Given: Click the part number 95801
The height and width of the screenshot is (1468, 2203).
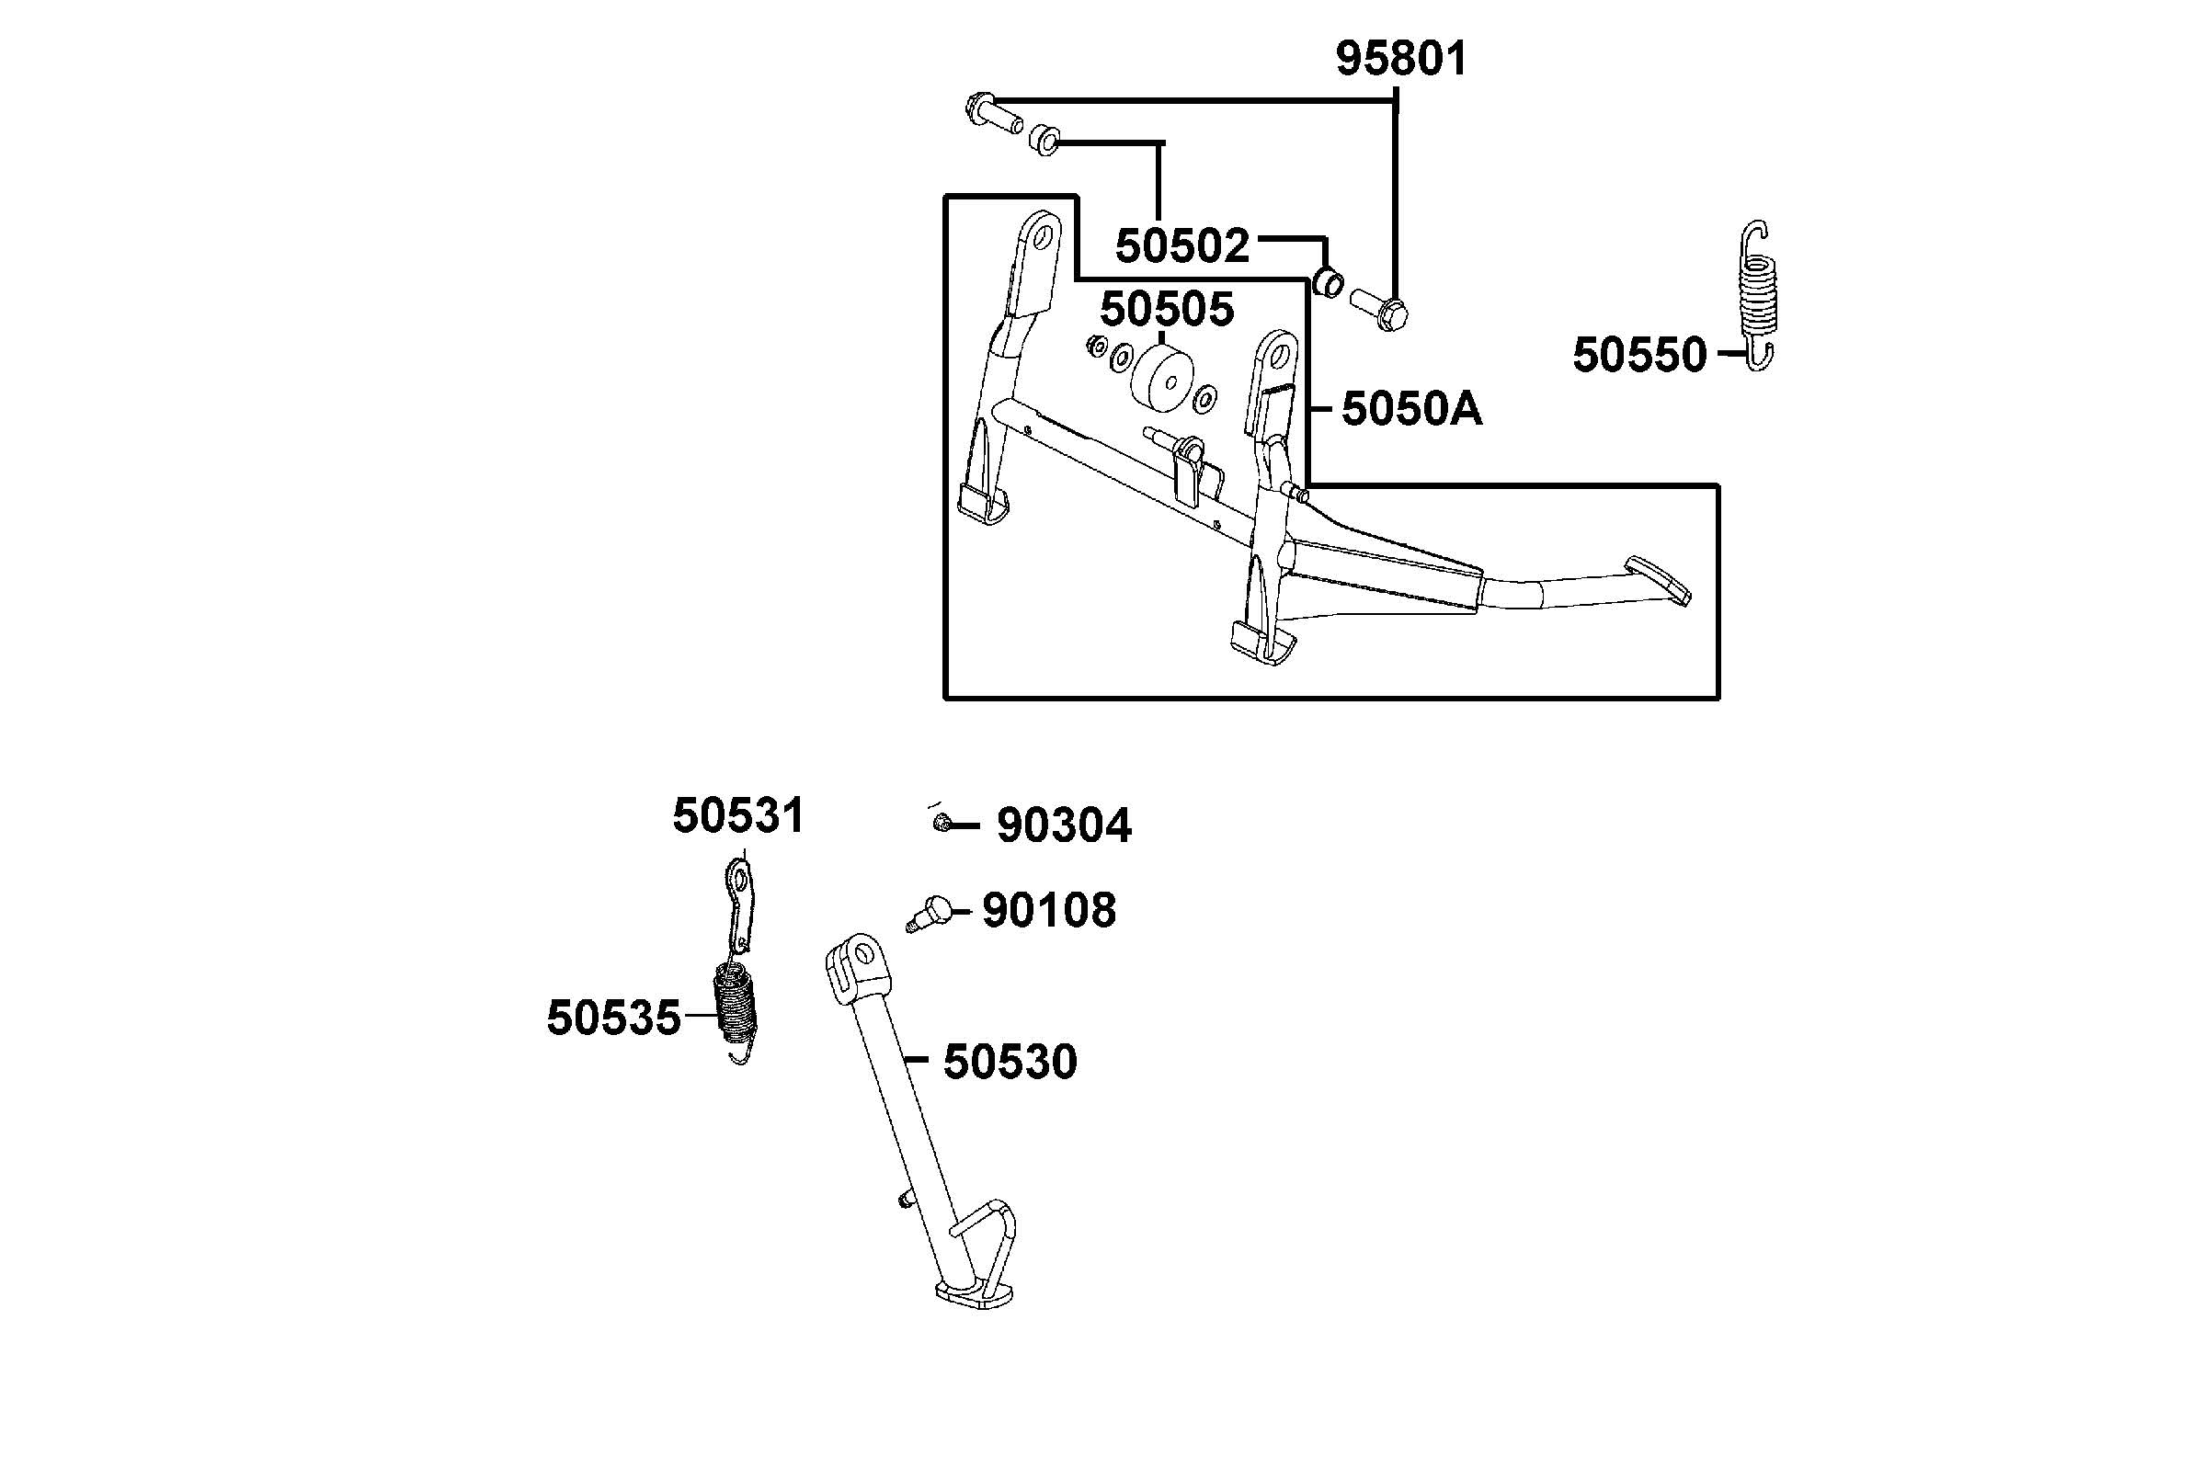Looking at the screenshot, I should tap(1400, 59).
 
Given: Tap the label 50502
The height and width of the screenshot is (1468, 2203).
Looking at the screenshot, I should tap(1182, 246).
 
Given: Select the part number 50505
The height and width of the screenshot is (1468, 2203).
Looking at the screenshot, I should tap(1167, 309).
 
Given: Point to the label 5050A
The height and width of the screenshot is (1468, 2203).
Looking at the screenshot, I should tap(1412, 409).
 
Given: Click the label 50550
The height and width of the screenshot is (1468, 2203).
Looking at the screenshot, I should tap(1639, 356).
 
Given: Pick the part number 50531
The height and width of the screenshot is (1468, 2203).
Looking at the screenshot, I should tap(737, 815).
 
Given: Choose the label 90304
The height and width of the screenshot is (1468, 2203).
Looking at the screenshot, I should tap(1064, 825).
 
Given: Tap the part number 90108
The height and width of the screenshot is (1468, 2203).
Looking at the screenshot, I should tap(1048, 910).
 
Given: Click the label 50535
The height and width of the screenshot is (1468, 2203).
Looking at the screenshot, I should tap(613, 1018).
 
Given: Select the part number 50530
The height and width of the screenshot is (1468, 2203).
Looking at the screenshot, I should tap(1010, 1062).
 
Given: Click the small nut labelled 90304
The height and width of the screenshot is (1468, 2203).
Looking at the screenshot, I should tap(942, 824).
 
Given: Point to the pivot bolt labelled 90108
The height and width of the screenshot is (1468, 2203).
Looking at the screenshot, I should tap(930, 911).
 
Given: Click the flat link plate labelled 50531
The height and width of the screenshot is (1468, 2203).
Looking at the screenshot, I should tap(741, 905).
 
